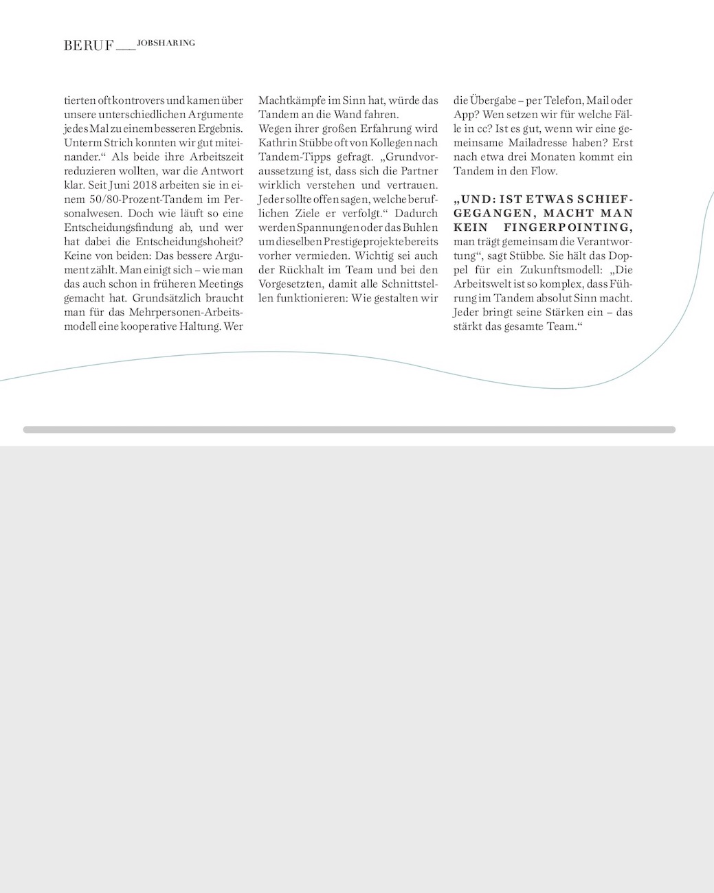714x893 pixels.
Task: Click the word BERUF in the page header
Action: [88, 46]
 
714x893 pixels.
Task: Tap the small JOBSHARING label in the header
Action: [166, 43]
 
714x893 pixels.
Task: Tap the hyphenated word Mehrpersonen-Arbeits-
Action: [186, 313]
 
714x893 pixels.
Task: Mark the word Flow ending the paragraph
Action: [546, 171]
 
